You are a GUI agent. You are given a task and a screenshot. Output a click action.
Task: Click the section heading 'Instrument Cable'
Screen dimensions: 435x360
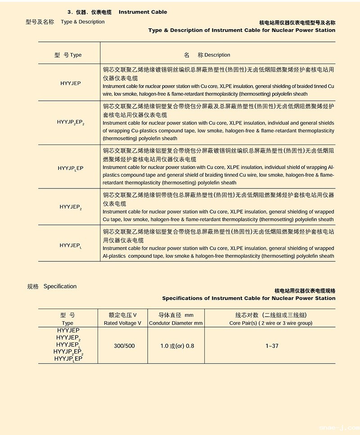pos(143,12)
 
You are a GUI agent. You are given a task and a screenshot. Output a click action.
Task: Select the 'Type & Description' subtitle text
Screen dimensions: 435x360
pos(82,22)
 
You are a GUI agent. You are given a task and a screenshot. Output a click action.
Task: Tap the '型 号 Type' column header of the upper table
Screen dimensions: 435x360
pos(68,55)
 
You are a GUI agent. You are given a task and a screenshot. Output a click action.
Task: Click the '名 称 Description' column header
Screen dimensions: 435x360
pos(207,55)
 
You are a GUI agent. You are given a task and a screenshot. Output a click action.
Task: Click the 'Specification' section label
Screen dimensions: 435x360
pos(60,287)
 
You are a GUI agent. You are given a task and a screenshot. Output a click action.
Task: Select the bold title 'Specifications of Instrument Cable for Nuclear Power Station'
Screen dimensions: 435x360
pos(248,298)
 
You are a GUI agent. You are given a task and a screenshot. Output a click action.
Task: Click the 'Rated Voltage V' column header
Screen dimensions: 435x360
pos(122,323)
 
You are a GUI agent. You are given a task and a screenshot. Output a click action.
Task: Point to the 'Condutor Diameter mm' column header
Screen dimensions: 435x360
pos(175,323)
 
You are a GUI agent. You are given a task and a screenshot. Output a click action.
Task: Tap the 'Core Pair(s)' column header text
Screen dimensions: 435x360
pos(270,323)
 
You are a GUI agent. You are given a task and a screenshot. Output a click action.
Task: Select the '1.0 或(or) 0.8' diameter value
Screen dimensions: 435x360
pos(177,346)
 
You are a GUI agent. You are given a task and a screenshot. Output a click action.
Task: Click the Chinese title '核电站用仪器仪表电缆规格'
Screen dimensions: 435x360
pos(305,291)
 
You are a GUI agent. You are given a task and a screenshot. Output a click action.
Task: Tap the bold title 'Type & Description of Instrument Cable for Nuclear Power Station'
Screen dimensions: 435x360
pos(242,30)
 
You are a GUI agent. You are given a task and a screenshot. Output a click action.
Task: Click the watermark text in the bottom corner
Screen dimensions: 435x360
pos(340,427)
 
